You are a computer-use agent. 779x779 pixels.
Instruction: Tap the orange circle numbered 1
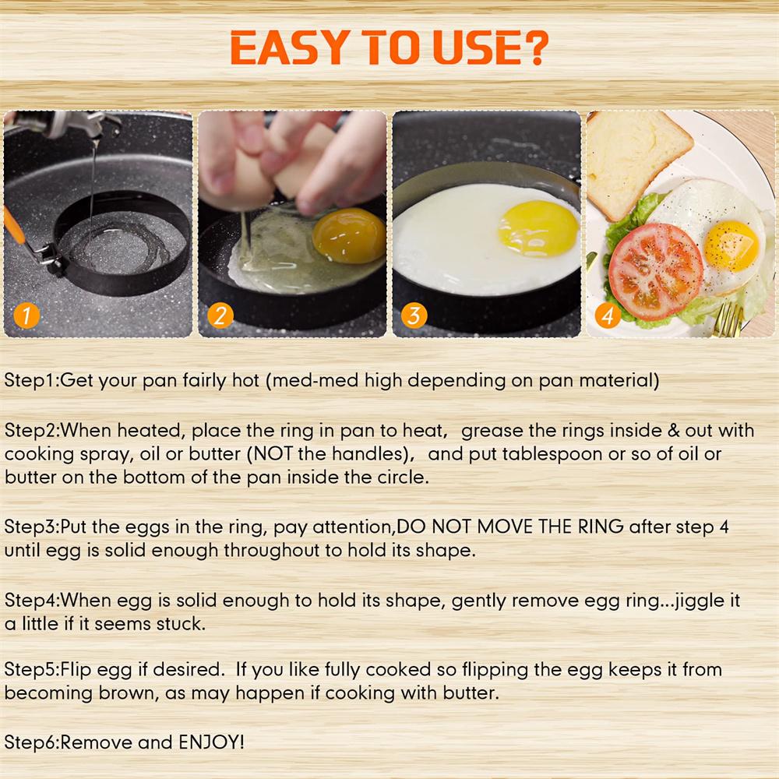pos(26,316)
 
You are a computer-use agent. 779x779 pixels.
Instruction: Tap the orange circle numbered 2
pos(220,316)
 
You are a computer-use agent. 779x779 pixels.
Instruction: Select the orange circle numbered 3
pos(414,316)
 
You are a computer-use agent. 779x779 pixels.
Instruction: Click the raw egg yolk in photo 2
pos(348,236)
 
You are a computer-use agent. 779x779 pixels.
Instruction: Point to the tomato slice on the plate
pos(655,270)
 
